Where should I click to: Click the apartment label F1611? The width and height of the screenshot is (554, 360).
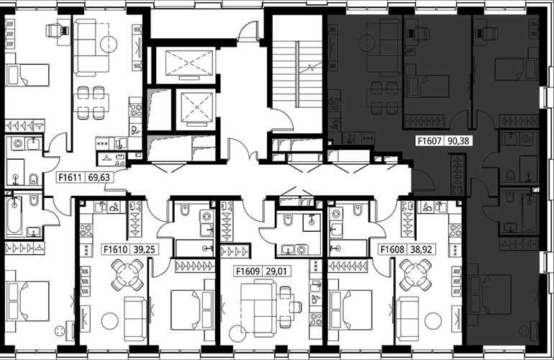pos(70,177)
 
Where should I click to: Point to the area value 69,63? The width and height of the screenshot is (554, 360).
pos(99,177)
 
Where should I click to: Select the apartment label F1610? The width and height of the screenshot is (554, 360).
pos(116,249)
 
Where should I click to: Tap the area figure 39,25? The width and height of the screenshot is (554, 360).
pos(144,249)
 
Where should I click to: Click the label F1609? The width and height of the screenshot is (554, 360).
pos(248,271)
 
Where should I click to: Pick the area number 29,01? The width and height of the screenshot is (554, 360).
pos(276,271)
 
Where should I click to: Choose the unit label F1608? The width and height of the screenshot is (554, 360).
pos(392,249)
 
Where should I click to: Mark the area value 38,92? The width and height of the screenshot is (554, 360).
pos(421,249)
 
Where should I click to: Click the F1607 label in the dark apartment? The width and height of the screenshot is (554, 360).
pos(430,140)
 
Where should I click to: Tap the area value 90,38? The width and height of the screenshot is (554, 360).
pos(458,140)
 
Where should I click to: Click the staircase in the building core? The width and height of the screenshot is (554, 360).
pos(297,73)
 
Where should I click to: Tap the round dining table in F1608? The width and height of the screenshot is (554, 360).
pos(416,275)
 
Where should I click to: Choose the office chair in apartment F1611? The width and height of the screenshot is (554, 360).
pos(57,30)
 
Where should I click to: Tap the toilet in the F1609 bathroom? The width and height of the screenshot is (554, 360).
pos(288,221)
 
